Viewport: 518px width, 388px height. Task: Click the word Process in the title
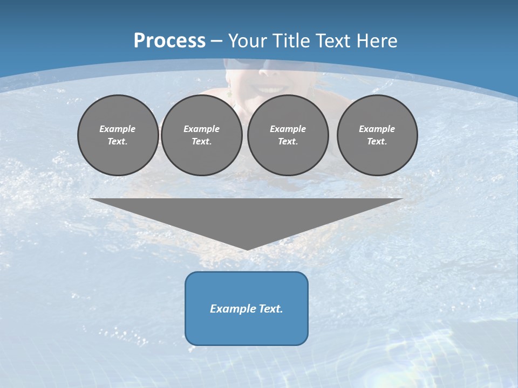click(x=169, y=41)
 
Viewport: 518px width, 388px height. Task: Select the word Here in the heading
click(x=377, y=41)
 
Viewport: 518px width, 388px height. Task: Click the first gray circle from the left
click(x=118, y=135)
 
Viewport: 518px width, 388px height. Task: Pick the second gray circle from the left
click(x=201, y=135)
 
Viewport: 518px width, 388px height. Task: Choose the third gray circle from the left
click(x=288, y=135)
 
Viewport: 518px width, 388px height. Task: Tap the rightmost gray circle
click(x=377, y=135)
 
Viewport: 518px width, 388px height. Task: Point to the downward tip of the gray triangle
click(x=247, y=249)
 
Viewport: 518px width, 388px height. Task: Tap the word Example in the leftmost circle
click(x=118, y=129)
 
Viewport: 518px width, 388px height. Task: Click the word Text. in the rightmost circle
click(x=377, y=142)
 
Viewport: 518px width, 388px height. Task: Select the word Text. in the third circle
click(x=288, y=142)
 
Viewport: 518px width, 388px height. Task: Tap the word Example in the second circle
click(x=201, y=129)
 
